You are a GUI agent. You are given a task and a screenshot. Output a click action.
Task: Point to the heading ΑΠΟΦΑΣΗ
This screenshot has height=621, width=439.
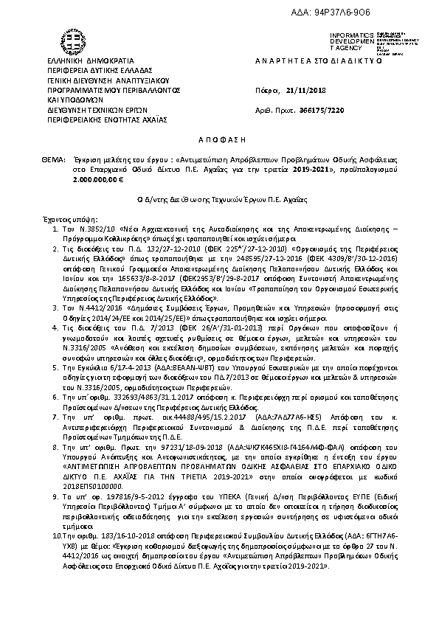[219, 138]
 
